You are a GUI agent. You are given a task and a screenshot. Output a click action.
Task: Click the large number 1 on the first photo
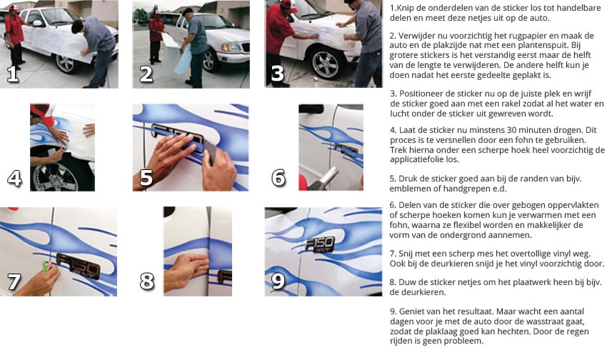pyautogui.click(x=12, y=74)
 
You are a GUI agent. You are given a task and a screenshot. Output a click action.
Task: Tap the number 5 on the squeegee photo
pyautogui.click(x=146, y=177)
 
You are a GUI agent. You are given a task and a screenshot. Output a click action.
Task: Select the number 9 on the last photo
pyautogui.click(x=278, y=281)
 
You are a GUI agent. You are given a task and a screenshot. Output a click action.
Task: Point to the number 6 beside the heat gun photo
pyautogui.click(x=279, y=177)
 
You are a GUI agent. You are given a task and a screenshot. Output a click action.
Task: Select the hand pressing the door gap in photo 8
pyautogui.click(x=187, y=268)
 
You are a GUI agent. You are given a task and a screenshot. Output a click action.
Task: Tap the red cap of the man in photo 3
pyautogui.click(x=288, y=4)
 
